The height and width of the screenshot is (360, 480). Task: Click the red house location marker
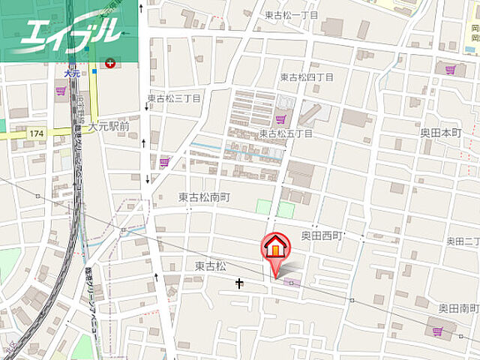[274, 248]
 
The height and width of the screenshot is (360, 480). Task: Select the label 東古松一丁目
[292, 15]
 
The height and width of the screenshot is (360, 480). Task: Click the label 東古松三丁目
[174, 98]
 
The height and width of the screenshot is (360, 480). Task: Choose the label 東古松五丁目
[285, 133]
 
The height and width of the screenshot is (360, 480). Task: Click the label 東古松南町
[204, 197]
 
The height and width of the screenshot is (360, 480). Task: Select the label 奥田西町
[322, 235]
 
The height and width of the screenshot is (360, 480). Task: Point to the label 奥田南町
[459, 307]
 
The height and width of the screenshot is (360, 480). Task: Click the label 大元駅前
[109, 127]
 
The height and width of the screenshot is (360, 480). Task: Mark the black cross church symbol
[240, 283]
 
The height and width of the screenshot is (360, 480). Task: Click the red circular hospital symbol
[111, 64]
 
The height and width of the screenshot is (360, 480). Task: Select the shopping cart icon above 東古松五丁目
[280, 118]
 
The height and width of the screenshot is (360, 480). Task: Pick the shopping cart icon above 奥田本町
[450, 70]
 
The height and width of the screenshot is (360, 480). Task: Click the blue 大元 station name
[72, 74]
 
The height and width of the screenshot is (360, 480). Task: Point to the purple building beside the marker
[289, 283]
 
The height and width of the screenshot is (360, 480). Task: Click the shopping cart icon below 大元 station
[60, 91]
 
